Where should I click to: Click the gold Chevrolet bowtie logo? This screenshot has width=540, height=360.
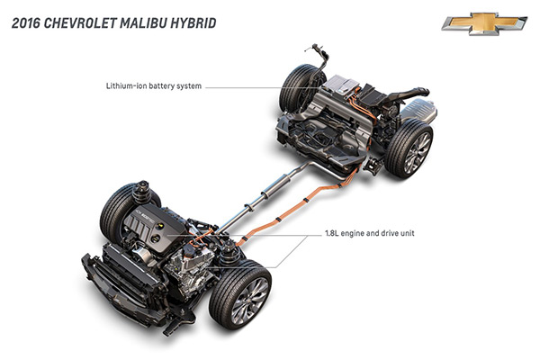pos(484,23)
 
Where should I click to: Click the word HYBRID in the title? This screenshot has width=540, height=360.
pos(193,23)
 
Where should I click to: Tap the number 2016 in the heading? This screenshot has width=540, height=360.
pos(26,23)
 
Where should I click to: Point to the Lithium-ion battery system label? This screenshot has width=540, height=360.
pos(154,85)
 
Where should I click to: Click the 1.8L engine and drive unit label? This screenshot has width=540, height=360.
pos(370,233)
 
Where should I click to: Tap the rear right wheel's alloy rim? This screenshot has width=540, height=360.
pos(417,152)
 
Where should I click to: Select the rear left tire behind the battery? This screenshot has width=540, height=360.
pos(297,88)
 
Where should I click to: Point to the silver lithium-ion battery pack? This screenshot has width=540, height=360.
pos(341,85)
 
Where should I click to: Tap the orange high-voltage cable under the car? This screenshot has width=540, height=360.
pos(296,206)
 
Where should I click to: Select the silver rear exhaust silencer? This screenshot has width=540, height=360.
pos(419,111)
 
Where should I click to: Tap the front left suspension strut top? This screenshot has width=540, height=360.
pos(142,193)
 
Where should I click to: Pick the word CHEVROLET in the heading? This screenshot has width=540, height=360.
pos(81,23)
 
